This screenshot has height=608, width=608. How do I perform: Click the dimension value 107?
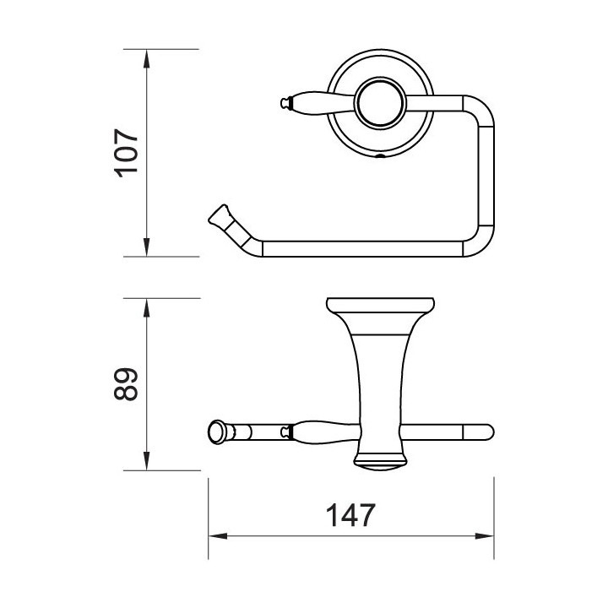coord(127,153)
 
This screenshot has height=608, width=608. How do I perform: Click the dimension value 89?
coord(127,384)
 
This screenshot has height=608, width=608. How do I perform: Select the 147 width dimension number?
coord(350,514)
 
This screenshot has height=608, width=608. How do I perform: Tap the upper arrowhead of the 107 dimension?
coord(146,59)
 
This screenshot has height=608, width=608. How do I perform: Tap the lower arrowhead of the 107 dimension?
coord(146,247)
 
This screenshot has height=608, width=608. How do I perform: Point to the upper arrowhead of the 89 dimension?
coord(146,308)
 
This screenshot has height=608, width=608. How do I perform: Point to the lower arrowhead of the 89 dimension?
coord(146,461)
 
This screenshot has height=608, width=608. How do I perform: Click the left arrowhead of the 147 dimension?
coord(218,536)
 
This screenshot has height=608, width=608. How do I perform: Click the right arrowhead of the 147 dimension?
coord(485,536)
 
